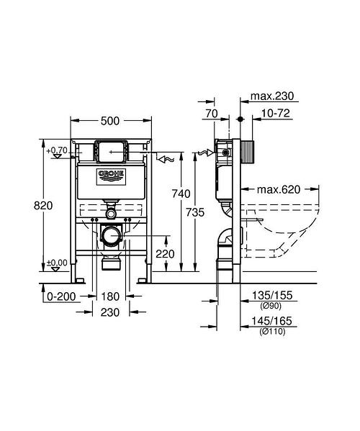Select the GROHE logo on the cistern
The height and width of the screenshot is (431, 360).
click(x=111, y=175)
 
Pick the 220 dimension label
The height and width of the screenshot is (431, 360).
click(x=166, y=254)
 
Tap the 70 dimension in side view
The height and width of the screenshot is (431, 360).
click(x=211, y=114)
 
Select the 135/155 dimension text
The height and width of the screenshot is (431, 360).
click(x=274, y=294)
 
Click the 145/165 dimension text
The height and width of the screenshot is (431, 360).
click(x=274, y=325)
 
